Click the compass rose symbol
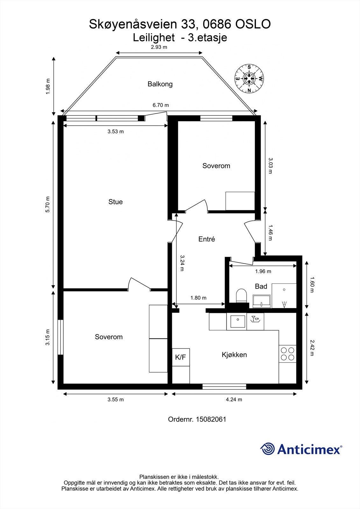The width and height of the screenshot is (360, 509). tap(249, 79)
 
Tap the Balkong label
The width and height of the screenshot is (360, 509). tap(160, 84)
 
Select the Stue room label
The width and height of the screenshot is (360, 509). tap(116, 202)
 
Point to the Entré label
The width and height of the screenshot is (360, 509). tap(207, 239)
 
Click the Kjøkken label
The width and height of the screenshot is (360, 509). tap(234, 355)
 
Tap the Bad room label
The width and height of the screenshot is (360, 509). tap(261, 286)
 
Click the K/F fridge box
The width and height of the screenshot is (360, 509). tap(181, 357)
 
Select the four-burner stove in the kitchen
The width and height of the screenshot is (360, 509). tap(287, 354)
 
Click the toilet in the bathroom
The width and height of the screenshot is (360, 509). tap(241, 296)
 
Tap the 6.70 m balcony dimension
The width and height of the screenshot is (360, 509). tap(160, 105)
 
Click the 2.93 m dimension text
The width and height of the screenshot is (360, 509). tap(159, 47)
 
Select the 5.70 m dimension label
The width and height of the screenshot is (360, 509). tap(47, 205)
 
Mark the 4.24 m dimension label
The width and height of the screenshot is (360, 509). tap(234, 400)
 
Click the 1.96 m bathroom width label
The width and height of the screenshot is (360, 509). tap(263, 271)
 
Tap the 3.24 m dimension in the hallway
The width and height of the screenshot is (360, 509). tap(182, 263)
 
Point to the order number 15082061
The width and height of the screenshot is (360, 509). tap(211, 420)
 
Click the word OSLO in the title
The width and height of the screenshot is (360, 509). tap(253, 24)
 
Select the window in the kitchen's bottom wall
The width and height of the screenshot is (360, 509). tap(224, 387)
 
